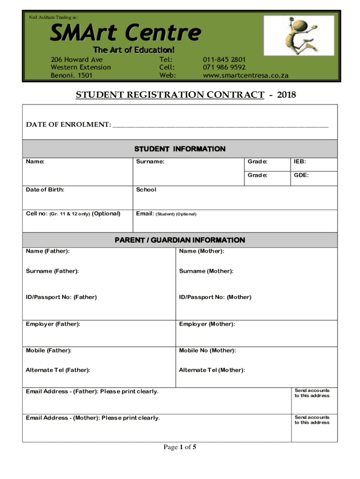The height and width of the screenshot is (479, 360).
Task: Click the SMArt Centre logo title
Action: [x=126, y=33]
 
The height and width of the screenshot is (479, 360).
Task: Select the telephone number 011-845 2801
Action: [x=224, y=60]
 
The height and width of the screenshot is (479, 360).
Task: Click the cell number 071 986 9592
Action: [x=224, y=67]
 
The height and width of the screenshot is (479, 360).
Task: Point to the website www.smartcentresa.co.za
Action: [x=245, y=75]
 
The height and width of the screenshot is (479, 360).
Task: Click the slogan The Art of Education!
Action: [x=134, y=50]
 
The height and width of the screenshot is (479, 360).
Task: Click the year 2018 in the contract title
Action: [x=287, y=95]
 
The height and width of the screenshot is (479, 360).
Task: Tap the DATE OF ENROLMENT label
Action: [x=68, y=124]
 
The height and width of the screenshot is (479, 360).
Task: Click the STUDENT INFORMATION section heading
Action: [x=180, y=149]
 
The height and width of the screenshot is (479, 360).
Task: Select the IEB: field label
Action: [x=300, y=162]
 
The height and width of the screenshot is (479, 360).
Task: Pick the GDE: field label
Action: [x=301, y=175]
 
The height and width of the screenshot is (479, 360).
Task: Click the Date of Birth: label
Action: [x=45, y=190]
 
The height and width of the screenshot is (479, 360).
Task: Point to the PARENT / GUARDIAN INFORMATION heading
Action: [x=180, y=240]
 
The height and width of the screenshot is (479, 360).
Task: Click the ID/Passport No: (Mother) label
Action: [x=215, y=297]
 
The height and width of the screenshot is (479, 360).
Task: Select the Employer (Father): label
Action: [x=53, y=324]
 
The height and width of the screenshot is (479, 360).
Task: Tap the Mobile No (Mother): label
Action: [x=207, y=350]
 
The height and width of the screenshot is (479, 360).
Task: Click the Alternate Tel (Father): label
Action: [x=58, y=370]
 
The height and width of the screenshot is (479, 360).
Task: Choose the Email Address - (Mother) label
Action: [x=93, y=418]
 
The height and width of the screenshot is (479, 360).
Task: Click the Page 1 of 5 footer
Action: [x=180, y=448]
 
